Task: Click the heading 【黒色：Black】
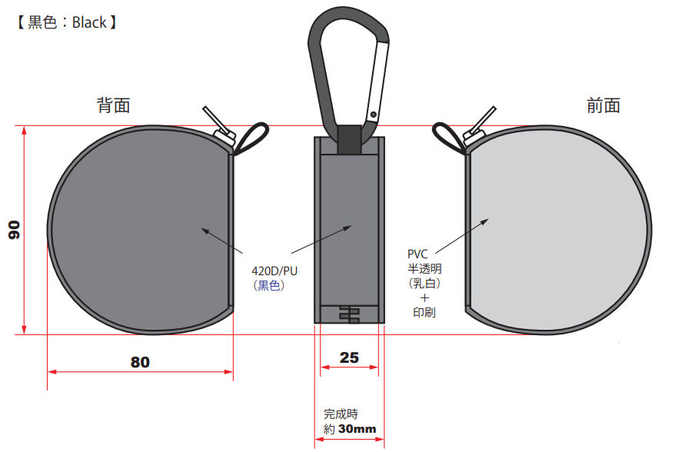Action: point(66,22)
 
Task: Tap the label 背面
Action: point(113,105)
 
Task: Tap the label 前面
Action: point(603,105)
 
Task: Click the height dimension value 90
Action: point(14,230)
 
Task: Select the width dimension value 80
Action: point(141,362)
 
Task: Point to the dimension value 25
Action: point(349,357)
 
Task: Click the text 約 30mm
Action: point(350,429)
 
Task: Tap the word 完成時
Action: point(341,414)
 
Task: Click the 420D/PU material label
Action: point(274,271)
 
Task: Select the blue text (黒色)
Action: point(269,285)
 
